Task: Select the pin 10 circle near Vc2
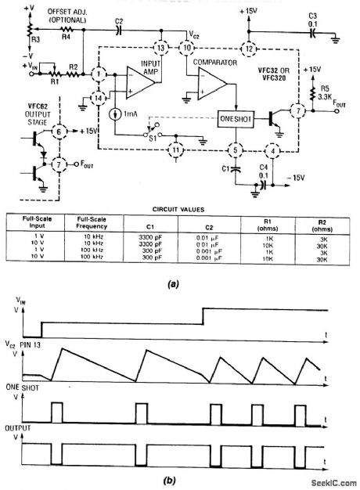coord(188,48)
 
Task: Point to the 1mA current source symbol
coord(115,113)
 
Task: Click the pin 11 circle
coord(178,149)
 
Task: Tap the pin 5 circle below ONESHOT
coord(232,149)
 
